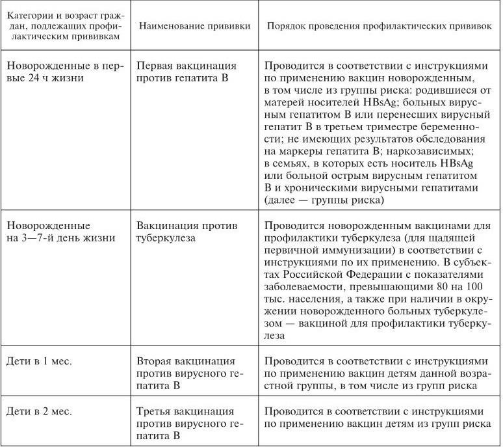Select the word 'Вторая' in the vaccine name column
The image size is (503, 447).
[x=155, y=360]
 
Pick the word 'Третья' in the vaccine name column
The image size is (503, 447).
[x=155, y=411]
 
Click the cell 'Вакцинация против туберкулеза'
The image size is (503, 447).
[x=187, y=231]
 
